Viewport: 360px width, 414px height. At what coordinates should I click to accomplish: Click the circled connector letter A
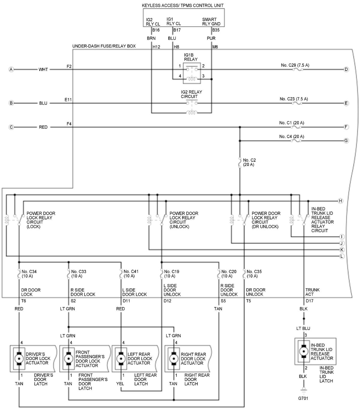pos(11,70)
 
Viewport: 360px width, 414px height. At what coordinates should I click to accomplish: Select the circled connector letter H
pos(340,201)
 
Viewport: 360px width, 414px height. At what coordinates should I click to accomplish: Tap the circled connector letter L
pos(342,256)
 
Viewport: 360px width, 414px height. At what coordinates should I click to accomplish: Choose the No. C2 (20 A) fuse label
pos(249,162)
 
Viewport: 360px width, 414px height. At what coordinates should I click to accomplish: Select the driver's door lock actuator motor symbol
pos(19,358)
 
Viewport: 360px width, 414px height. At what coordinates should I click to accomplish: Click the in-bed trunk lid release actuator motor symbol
pos(304,351)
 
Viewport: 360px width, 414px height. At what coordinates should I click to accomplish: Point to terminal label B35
pos(216,30)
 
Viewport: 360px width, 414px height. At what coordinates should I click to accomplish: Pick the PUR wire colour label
pos(211,38)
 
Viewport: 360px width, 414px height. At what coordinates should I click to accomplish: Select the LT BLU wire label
pos(303,328)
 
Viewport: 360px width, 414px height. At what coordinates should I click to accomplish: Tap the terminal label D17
pos(310,301)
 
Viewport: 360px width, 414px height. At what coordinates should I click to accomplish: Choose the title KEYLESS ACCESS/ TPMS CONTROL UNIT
pos(183,5)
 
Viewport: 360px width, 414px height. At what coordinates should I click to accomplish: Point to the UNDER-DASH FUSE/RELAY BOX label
pos(104,46)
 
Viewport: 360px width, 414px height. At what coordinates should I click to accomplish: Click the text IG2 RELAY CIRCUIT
pos(191,94)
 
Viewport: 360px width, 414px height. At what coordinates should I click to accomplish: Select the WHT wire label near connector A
pos(43,70)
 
